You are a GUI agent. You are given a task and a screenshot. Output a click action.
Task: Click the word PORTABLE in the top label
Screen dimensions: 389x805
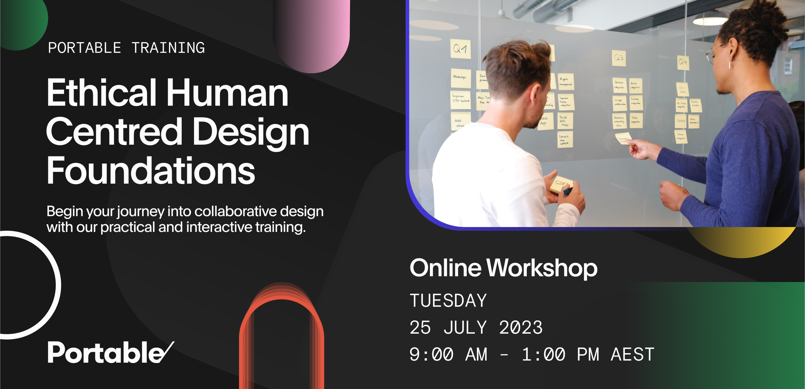pos(84,48)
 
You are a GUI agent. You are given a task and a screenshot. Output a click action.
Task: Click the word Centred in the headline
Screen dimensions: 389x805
pos(114,132)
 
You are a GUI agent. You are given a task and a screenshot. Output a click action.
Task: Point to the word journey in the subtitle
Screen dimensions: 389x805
pos(141,212)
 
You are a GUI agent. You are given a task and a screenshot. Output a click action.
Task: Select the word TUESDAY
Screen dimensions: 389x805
pos(448,300)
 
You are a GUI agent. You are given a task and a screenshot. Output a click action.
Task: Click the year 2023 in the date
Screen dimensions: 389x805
pos(521,327)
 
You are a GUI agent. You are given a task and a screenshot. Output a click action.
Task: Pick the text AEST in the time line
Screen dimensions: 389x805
pos(633,354)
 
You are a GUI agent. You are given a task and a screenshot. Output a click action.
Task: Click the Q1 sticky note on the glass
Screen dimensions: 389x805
pos(460,49)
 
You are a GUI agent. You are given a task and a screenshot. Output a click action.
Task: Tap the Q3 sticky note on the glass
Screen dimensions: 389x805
pos(619,58)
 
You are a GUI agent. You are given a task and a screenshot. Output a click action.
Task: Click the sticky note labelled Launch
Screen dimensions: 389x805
pos(565,139)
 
